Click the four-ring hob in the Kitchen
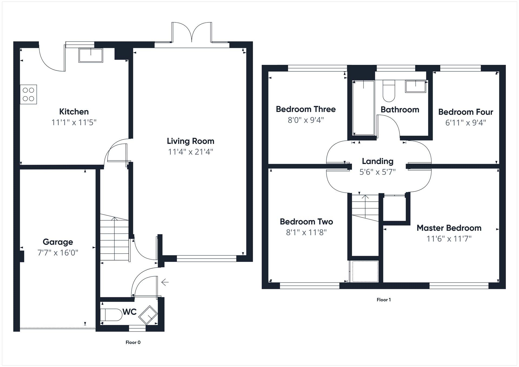pyautogui.click(x=28, y=95)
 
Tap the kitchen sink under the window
pyautogui.click(x=91, y=55)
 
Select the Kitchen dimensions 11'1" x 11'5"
pyautogui.click(x=74, y=122)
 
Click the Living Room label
pyautogui.click(x=190, y=141)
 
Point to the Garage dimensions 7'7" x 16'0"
pyautogui.click(x=58, y=253)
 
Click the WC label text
pyautogui.click(x=129, y=312)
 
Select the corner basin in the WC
pyautogui.click(x=148, y=315)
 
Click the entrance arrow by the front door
pyautogui.click(x=165, y=282)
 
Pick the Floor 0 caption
pyautogui.click(x=133, y=342)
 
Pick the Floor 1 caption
pyautogui.click(x=384, y=300)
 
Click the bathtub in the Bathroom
pyautogui.click(x=364, y=108)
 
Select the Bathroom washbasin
pyautogui.click(x=416, y=86)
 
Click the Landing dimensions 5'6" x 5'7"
pyautogui.click(x=377, y=172)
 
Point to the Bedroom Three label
pyautogui.click(x=306, y=109)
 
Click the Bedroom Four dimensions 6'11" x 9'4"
pyautogui.click(x=465, y=123)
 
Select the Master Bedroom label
pyautogui.click(x=449, y=228)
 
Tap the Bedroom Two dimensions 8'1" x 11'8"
pyautogui.click(x=306, y=232)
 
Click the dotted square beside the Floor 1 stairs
pyautogui.click(x=365, y=271)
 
